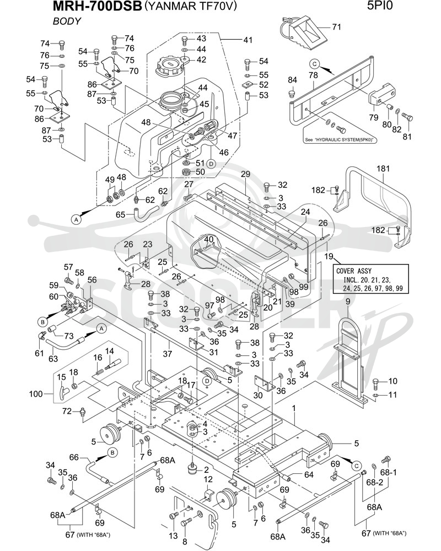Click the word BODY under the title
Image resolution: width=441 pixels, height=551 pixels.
[x=67, y=21]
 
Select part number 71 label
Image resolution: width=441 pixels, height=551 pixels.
[x=337, y=26]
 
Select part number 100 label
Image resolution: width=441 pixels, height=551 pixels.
[x=35, y=393]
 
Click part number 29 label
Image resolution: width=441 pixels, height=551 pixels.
[x=245, y=174]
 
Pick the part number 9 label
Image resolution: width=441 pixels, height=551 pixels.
[x=348, y=301]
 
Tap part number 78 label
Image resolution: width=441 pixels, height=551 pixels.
[x=313, y=75]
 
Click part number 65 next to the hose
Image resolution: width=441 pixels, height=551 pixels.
[x=121, y=214]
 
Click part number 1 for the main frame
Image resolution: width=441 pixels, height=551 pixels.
[x=294, y=408]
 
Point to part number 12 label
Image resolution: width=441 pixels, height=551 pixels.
[x=208, y=479]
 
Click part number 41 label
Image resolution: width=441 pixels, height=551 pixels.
[x=248, y=40]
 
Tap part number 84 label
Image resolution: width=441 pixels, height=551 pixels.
[x=292, y=80]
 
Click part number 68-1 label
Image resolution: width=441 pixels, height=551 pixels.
[x=388, y=472]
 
